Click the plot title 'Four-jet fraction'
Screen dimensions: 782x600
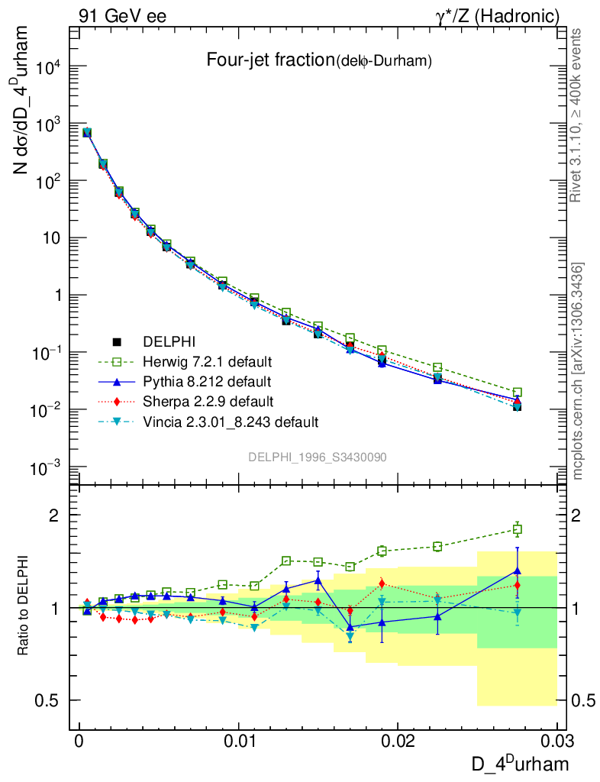click(x=270, y=60)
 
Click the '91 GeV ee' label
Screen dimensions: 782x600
click(x=122, y=15)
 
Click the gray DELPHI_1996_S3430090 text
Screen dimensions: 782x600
click(x=317, y=457)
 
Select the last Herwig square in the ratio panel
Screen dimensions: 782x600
click(x=517, y=529)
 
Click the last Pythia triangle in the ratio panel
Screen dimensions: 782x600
click(x=517, y=570)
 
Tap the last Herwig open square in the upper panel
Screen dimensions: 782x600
click(x=517, y=392)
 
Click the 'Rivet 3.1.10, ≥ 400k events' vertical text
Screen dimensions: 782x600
click(x=577, y=115)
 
